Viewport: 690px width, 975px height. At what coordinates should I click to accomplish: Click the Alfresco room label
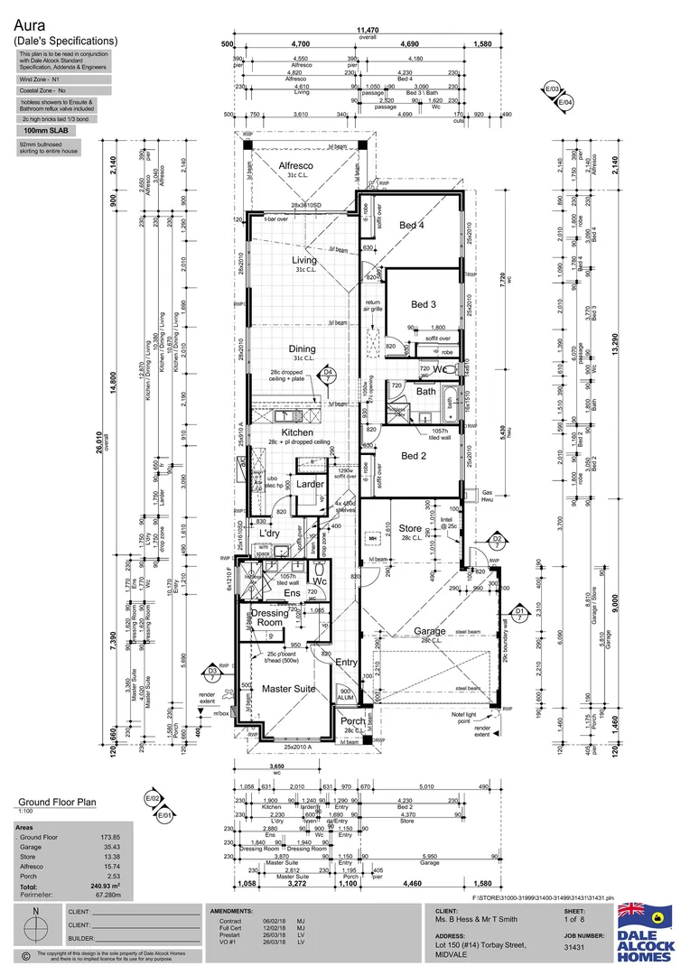point(295,166)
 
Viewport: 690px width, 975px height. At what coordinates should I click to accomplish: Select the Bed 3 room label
point(423,305)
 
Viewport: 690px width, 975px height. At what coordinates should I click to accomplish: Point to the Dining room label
point(302,349)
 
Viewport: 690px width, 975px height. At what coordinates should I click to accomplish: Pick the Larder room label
point(310,485)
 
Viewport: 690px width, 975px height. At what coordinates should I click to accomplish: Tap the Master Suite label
point(288,689)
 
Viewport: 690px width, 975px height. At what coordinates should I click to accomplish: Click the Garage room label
point(430,631)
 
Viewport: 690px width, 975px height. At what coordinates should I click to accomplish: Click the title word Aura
point(29,26)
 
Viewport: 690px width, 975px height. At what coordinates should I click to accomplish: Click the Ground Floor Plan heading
point(58,802)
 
